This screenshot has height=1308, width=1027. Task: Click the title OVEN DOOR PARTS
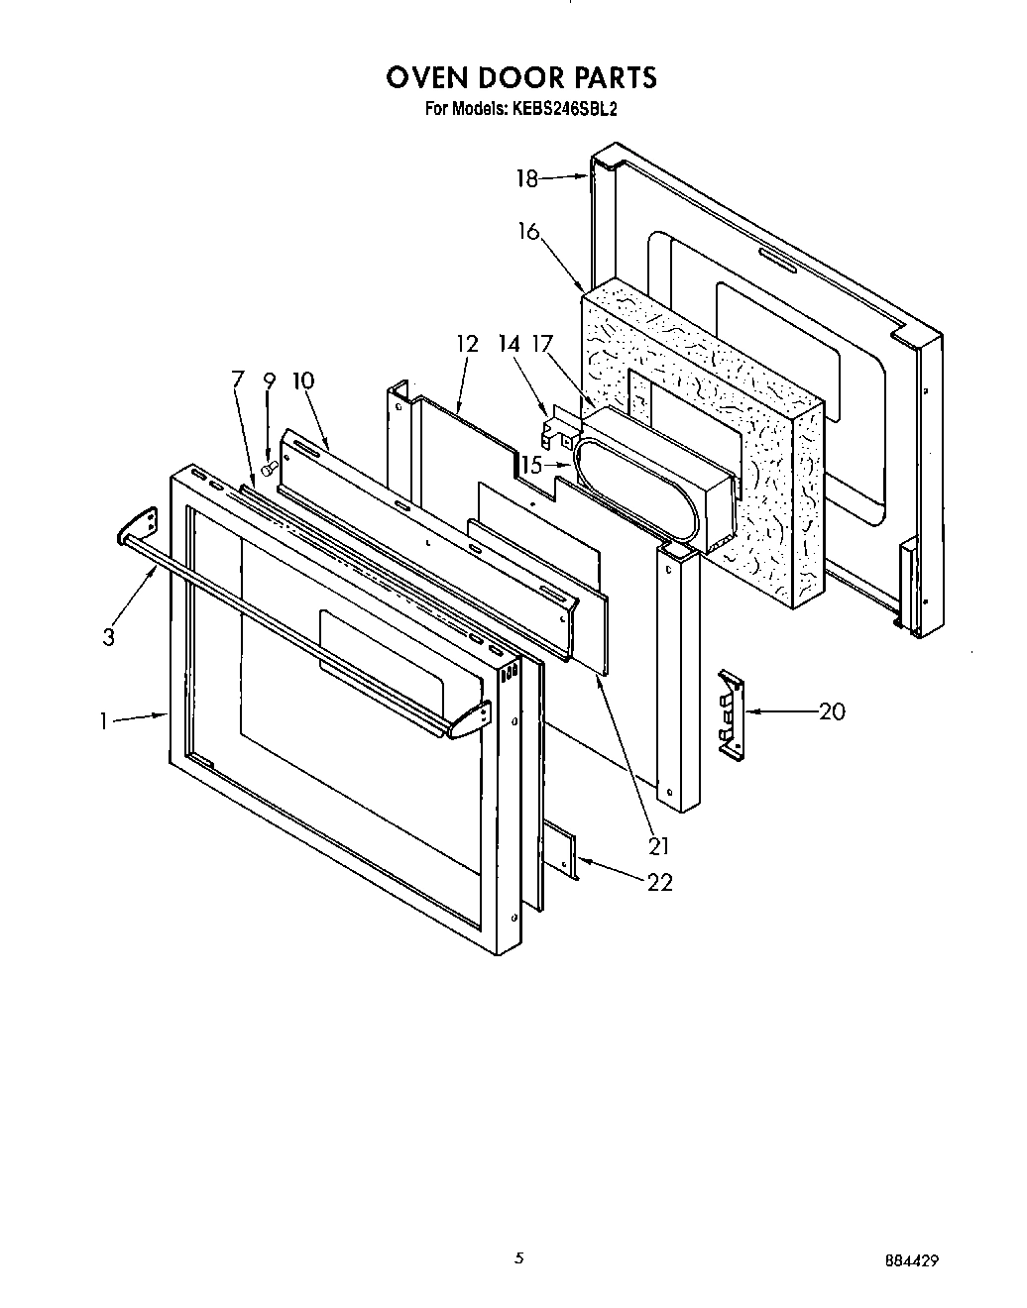click(x=520, y=77)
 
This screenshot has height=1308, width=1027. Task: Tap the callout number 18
click(x=526, y=179)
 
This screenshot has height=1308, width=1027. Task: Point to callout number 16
click(x=528, y=232)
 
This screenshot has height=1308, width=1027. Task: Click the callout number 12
click(x=467, y=344)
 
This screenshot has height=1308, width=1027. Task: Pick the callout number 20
click(x=832, y=711)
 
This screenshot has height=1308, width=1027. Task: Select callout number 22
click(x=659, y=882)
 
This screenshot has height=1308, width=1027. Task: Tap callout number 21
click(x=658, y=845)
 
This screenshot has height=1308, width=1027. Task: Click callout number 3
click(x=108, y=637)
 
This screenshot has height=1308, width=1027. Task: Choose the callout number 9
click(x=269, y=380)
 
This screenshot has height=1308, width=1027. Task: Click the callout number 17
click(x=541, y=344)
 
